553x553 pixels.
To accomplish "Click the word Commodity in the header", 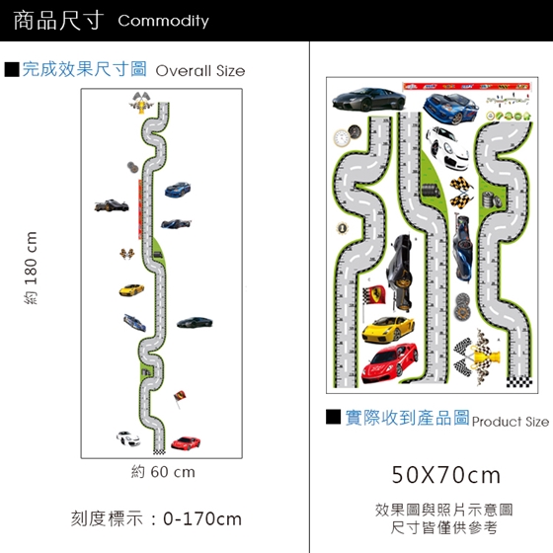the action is (x=163, y=21).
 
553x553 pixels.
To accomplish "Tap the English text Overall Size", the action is (x=200, y=71).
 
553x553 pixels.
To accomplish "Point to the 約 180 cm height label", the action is (x=31, y=268).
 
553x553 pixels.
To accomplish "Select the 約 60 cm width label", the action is (x=163, y=472).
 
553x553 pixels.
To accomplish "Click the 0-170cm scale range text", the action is (x=202, y=519).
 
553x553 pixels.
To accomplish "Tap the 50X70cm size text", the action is (x=445, y=475).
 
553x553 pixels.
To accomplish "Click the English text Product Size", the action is (x=511, y=422).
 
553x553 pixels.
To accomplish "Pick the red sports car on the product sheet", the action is (x=390, y=363).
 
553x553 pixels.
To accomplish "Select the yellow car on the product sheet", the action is (x=388, y=330).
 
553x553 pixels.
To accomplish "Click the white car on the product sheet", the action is (x=447, y=148).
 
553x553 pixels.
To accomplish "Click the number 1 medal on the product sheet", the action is (x=342, y=228).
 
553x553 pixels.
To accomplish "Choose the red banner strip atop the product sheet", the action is (x=466, y=87).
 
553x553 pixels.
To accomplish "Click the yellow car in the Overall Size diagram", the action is (x=131, y=290).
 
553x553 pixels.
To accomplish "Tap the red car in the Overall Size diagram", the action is (x=186, y=443).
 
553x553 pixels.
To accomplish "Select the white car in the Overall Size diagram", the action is (x=128, y=438).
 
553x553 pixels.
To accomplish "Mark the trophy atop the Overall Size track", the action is (x=141, y=103).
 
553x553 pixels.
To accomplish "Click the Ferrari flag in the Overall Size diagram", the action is (x=180, y=397).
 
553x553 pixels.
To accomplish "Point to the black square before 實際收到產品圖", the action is (x=334, y=417).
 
